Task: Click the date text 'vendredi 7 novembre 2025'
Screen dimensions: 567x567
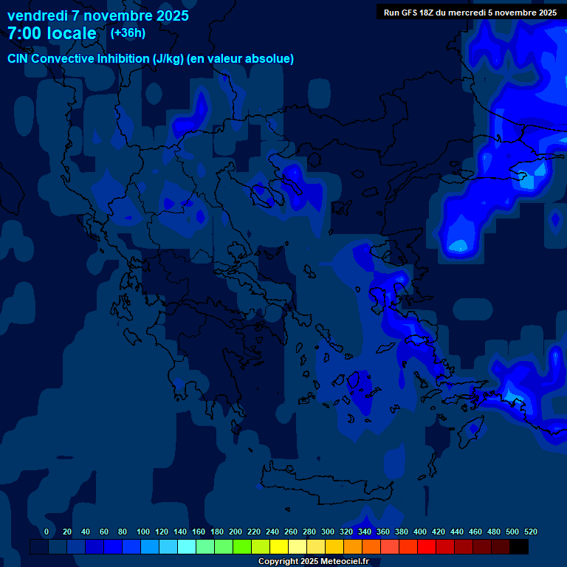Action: pyautogui.click(x=97, y=16)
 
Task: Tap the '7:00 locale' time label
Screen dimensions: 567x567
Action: pyautogui.click(x=52, y=33)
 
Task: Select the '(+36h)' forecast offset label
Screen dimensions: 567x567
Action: pyautogui.click(x=128, y=32)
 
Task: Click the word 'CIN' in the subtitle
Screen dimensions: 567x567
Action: pyautogui.click(x=18, y=59)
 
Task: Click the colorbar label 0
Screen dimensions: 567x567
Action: pyautogui.click(x=47, y=532)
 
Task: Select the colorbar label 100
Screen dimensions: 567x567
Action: pyautogui.click(x=143, y=532)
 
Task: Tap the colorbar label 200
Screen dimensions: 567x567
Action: pyautogui.click(x=236, y=532)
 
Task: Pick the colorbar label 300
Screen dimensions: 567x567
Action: pyautogui.click(x=328, y=532)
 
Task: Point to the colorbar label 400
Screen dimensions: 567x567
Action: pyautogui.click(x=420, y=532)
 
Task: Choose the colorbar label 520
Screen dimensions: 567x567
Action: pyautogui.click(x=531, y=532)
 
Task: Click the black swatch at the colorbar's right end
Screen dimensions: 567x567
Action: pyautogui.click(x=519, y=547)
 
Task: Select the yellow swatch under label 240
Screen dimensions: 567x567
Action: pyautogui.click(x=279, y=547)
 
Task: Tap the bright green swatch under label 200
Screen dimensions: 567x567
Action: pyautogui.click(x=242, y=547)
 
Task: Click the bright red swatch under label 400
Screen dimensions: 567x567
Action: pyautogui.click(x=427, y=547)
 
